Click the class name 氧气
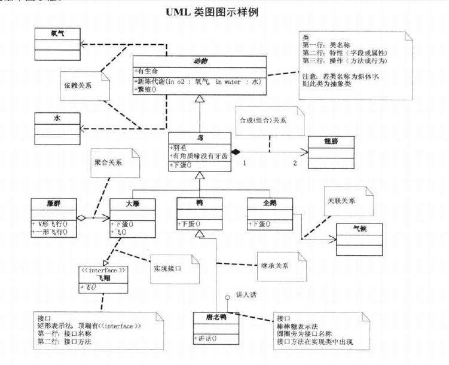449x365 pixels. (x=58, y=35)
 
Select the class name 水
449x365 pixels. (x=57, y=118)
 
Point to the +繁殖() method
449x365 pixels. (x=149, y=90)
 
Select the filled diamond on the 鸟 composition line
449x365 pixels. (x=236, y=152)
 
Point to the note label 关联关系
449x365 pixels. (x=341, y=201)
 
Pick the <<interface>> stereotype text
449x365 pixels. (x=102, y=269)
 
